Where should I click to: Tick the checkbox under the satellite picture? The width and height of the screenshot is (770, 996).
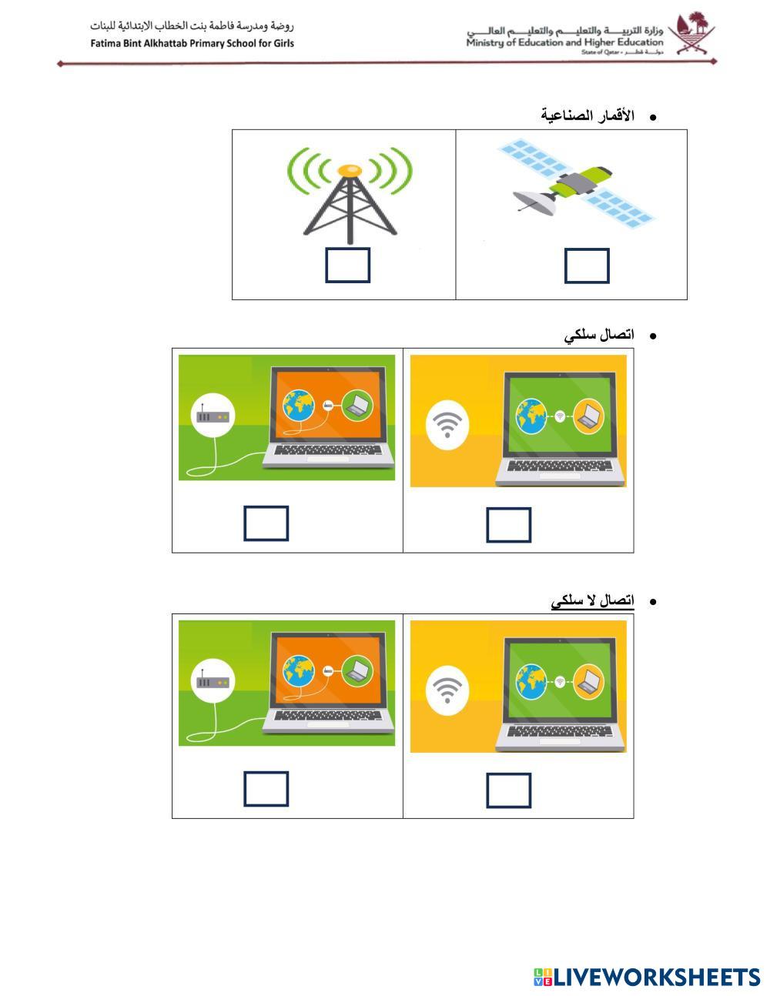point(587,266)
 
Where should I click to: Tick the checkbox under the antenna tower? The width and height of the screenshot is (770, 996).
point(347,265)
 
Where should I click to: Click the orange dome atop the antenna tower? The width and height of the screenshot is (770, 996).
point(350,169)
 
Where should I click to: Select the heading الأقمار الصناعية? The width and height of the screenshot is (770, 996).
point(588,116)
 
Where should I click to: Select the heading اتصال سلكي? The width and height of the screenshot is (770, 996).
point(599,335)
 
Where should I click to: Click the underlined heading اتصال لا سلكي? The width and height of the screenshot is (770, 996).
point(592,600)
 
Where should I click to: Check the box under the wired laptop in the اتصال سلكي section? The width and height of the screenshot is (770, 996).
point(266,523)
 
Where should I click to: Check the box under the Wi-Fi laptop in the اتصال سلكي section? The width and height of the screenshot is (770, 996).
point(509,525)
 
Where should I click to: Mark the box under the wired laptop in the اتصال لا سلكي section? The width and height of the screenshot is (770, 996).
point(266,789)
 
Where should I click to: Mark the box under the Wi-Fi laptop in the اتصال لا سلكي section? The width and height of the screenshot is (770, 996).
point(509,790)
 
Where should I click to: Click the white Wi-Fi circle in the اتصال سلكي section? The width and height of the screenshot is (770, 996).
point(447,424)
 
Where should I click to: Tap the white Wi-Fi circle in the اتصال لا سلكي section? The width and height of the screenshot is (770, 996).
point(447,690)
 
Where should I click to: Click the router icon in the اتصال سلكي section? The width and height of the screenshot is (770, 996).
point(213,416)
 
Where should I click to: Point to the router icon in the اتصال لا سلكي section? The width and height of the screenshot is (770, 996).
point(213,682)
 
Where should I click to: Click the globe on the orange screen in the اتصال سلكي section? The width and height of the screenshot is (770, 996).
point(298,406)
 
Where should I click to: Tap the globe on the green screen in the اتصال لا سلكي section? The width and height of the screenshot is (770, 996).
point(531,682)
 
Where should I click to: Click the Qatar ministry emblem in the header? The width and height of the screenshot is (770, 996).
point(691,34)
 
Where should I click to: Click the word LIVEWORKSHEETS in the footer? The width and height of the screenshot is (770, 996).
point(657,977)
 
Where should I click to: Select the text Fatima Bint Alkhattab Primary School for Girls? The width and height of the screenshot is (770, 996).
point(192,43)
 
